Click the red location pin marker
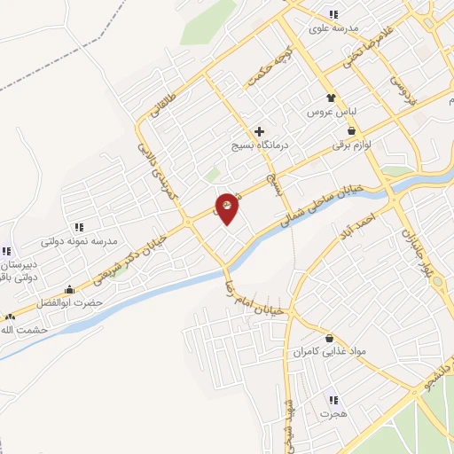[x=227, y=208]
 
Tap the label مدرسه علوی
[x=333, y=28]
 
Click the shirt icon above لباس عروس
[x=331, y=98]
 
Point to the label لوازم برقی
[x=351, y=144]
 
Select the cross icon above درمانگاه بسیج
[x=259, y=131]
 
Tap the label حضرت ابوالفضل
[x=69, y=303]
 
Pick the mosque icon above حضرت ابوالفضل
[x=69, y=289]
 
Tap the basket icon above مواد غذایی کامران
[x=330, y=338]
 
